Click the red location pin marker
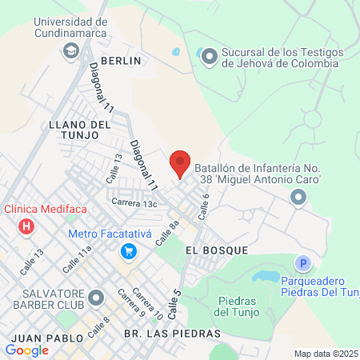[180, 163]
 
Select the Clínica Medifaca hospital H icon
[26, 226]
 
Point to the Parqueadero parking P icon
[302, 263]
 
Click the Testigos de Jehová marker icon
[210, 56]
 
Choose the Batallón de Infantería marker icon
[298, 197]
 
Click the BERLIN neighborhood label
[121, 60]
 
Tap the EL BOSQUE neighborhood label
[216, 250]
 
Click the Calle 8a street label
[167, 234]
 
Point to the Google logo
[27, 350]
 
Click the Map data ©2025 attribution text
[326, 353]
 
